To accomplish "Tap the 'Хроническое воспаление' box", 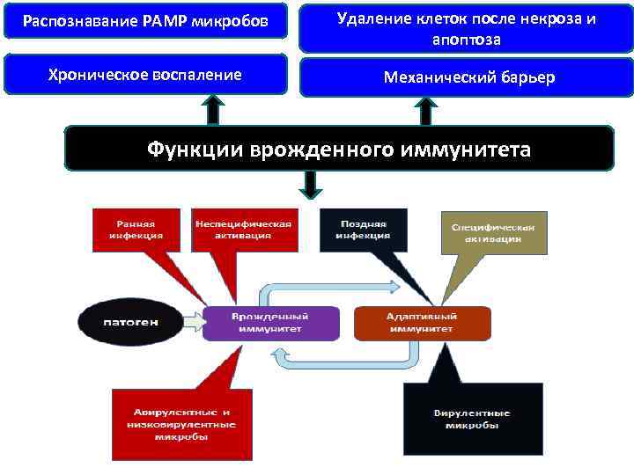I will click(x=145, y=75).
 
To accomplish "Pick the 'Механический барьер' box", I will click(x=466, y=77).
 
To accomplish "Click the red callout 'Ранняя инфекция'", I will click(x=136, y=229).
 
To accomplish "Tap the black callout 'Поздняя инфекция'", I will click(x=364, y=229).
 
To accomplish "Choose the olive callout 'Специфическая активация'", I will click(x=492, y=231).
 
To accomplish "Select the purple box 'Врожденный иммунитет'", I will click(x=270, y=323).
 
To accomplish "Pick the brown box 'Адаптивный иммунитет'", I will click(x=420, y=323).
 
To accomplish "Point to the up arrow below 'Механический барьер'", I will click(x=425, y=110).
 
